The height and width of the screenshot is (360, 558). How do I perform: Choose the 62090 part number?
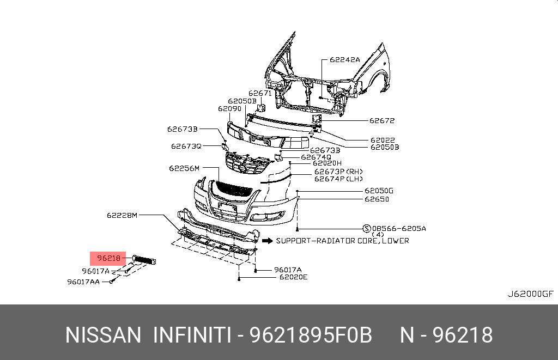tap(229, 108)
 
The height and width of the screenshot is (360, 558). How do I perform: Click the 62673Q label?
tap(186, 146)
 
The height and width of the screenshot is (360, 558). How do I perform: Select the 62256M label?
tap(184, 168)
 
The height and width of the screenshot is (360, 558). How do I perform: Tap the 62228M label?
tap(123, 215)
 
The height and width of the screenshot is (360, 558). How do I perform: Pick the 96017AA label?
tap(83, 282)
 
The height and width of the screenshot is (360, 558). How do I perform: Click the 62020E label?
tap(293, 277)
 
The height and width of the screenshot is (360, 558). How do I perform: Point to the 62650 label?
tap(377, 199)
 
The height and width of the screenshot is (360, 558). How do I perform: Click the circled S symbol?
tap(367, 228)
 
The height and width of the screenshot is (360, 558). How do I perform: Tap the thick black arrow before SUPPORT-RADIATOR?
tap(266, 240)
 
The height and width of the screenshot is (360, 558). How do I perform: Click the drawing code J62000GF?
tap(530, 294)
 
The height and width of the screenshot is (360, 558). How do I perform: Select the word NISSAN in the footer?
tap(103, 335)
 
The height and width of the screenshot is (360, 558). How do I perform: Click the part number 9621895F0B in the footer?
tap(311, 335)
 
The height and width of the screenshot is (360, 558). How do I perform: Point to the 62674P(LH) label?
tap(338, 178)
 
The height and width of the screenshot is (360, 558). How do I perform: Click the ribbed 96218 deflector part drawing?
tap(144, 260)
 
